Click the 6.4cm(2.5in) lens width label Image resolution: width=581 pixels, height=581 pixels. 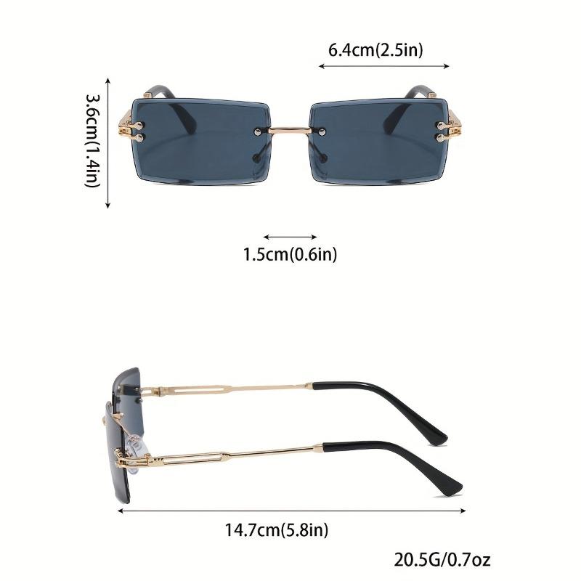coord(375,50)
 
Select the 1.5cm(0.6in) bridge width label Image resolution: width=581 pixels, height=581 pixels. coord(290,254)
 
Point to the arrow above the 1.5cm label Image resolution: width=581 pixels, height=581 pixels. coord(290,237)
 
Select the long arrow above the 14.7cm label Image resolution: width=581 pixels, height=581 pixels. coord(290,511)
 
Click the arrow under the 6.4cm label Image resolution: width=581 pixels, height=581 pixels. coord(383,67)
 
